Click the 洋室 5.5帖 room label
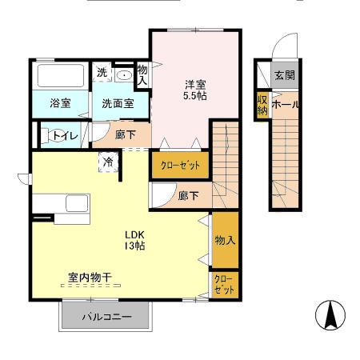pos(194,89)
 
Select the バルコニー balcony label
pos(106,317)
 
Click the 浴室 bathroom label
pos(60,102)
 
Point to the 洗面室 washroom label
pos(117,102)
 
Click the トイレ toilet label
pos(65,136)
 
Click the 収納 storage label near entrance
pos(262,104)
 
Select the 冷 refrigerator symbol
pos(108,161)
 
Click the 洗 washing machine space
pos(102,72)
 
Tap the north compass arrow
pos(329,315)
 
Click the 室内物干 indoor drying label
pos(90,278)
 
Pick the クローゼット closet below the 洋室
pos(181,165)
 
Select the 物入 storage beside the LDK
pos(225,240)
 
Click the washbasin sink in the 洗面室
pos(124,75)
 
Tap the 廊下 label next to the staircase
pos(189,195)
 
